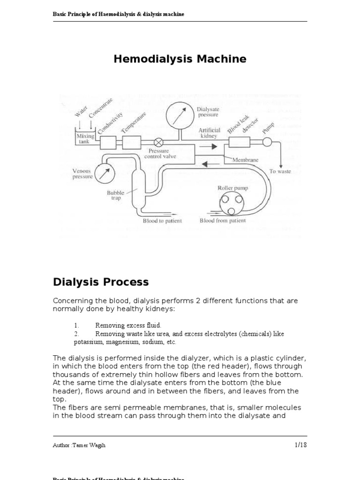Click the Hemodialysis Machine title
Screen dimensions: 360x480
[x=180, y=59]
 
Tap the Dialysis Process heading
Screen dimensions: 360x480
[x=100, y=282]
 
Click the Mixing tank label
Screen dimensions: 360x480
[x=85, y=138]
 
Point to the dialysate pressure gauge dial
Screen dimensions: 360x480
[x=179, y=115]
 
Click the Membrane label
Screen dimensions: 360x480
[x=245, y=160]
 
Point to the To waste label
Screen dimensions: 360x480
[x=279, y=172]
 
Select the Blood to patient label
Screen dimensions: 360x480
[x=162, y=221]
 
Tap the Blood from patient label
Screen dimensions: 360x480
[x=222, y=221]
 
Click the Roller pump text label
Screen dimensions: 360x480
[x=232, y=188]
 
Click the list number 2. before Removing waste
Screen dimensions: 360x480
[x=76, y=334]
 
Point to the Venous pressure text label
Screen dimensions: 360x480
[x=82, y=174]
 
